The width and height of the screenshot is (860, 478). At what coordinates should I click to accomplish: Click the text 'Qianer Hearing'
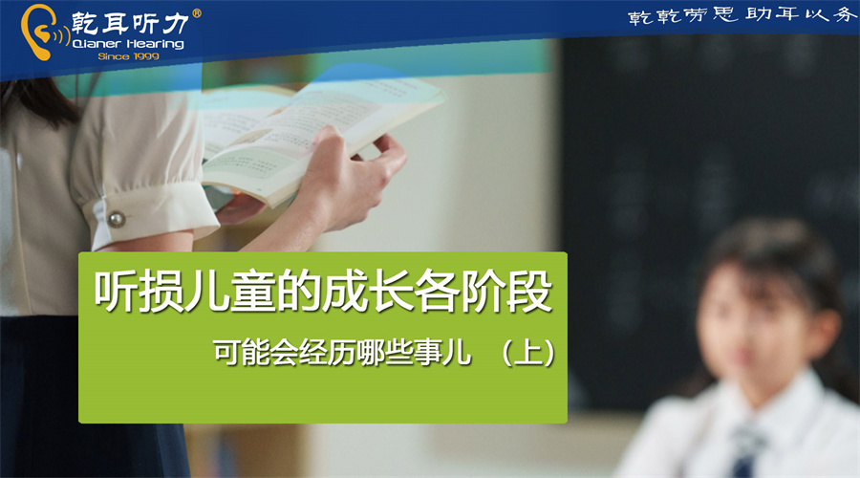128,44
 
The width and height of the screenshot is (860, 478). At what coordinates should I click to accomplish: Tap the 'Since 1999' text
128,56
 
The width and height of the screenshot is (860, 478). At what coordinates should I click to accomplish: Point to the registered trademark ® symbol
196,13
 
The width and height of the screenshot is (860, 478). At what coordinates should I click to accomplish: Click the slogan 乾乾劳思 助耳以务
742,15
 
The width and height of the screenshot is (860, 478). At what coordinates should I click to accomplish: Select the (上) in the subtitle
528,353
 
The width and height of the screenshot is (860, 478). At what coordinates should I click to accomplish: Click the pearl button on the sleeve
117,220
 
